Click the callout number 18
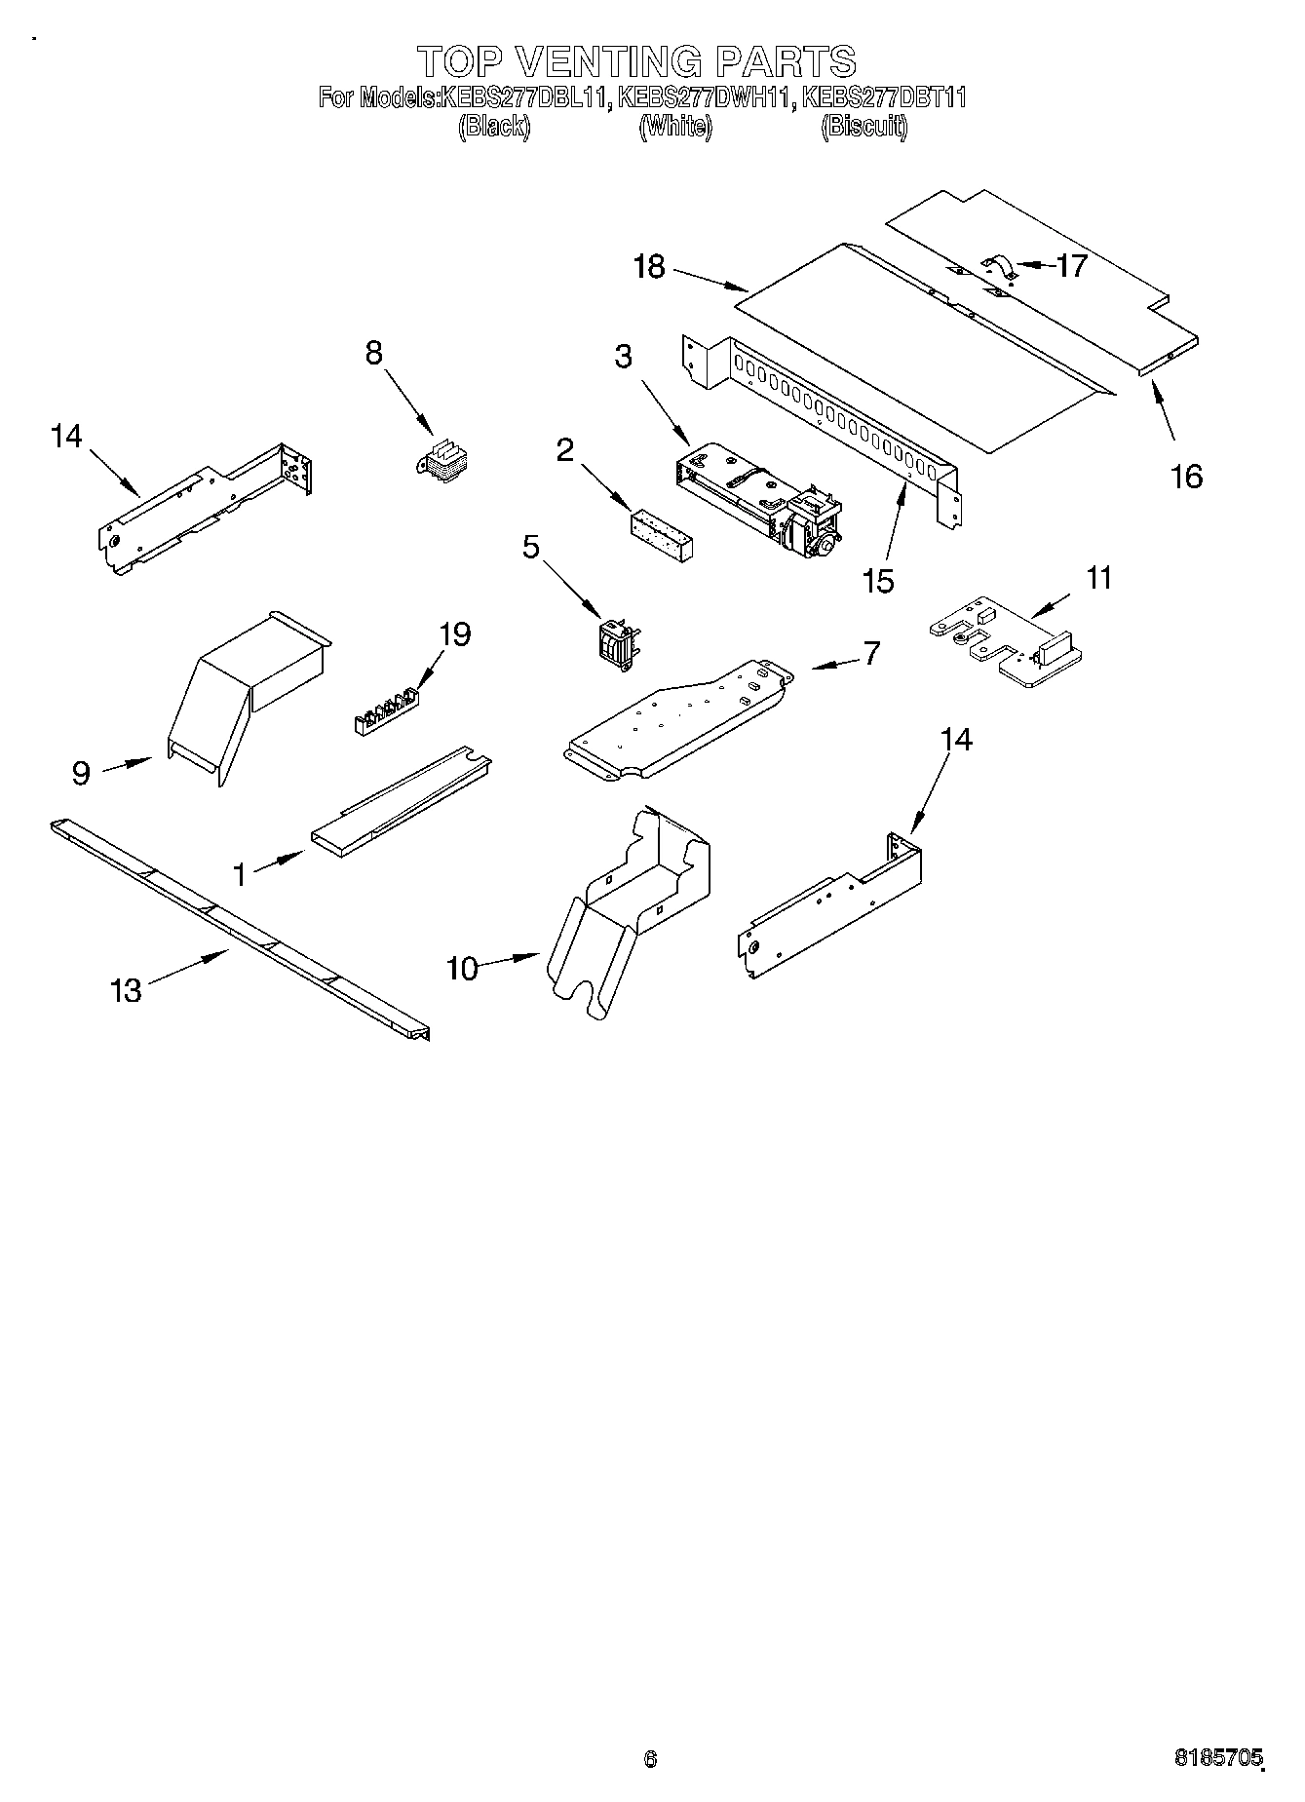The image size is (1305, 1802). point(648,266)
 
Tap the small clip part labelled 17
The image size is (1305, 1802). point(997,266)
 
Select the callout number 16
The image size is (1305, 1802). point(1186,477)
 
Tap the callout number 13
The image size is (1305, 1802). point(127,991)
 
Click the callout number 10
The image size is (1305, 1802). point(462,969)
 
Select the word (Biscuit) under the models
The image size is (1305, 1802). point(864,127)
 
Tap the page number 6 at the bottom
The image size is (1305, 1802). point(651,1758)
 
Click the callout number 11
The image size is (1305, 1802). point(1098,578)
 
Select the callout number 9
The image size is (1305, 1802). point(82,773)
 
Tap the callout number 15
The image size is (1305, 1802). point(878,581)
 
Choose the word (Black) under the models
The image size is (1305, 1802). point(494,127)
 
